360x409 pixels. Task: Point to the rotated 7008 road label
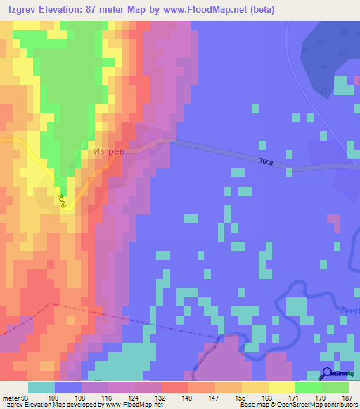[x=63, y=201]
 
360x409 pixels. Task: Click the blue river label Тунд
[x=349, y=310]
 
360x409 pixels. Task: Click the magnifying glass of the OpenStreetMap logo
[x=326, y=375]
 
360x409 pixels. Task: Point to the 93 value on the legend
[x=27, y=397]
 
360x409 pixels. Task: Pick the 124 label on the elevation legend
[x=148, y=397]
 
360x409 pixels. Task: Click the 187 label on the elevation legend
[x=345, y=397]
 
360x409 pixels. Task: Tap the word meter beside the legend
[x=11, y=397]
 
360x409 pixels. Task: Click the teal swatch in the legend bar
[x=41, y=387]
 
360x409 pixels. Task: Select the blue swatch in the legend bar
[x=68, y=387]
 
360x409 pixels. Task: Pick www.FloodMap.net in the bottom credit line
[x=134, y=405]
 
